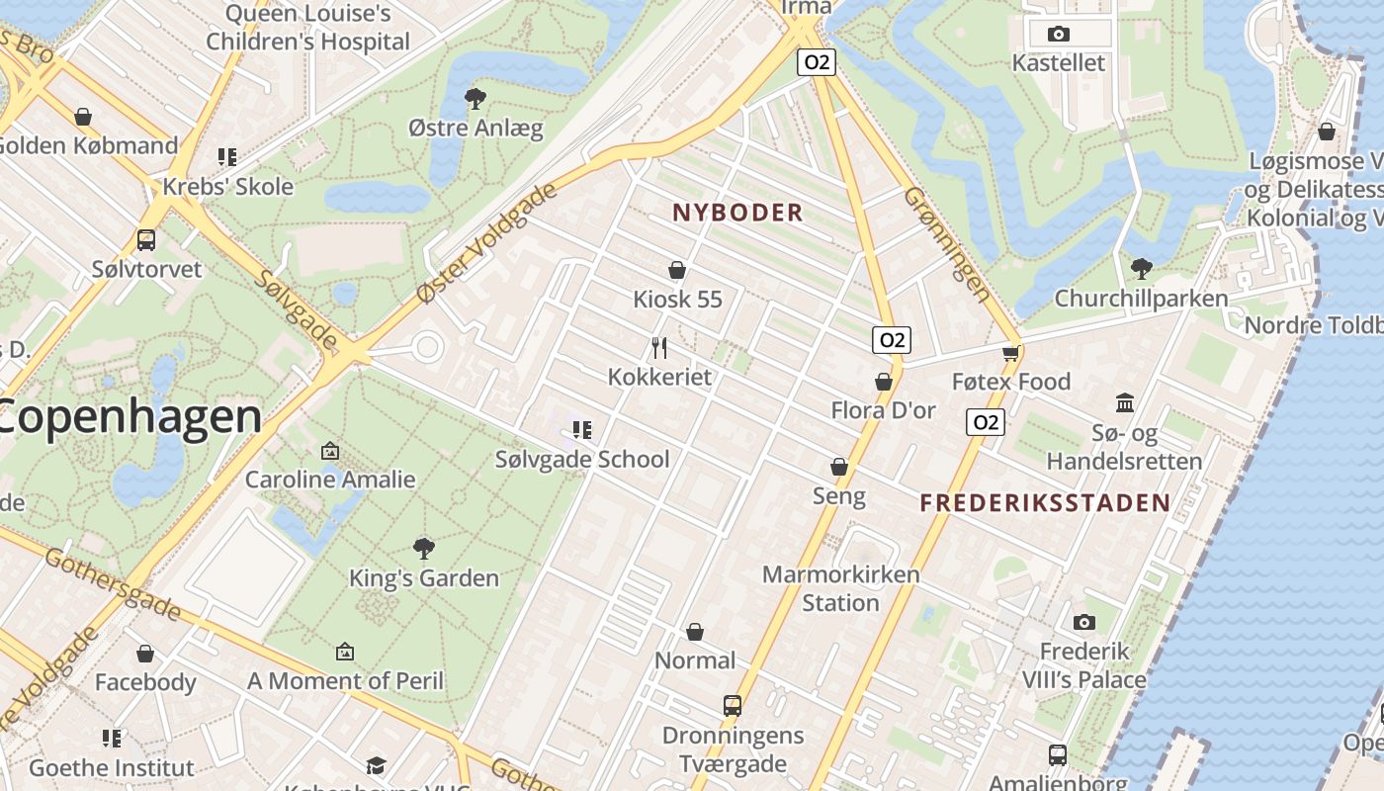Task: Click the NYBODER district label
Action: pyautogui.click(x=737, y=213)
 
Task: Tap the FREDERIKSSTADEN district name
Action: pyautogui.click(x=1045, y=502)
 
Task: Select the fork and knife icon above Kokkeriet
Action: pyautogui.click(x=659, y=348)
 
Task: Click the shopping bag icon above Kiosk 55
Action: pyautogui.click(x=677, y=270)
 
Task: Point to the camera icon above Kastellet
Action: pyautogui.click(x=1058, y=35)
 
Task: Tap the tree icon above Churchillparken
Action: pyautogui.click(x=1141, y=268)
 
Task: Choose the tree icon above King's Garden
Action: pyautogui.click(x=424, y=548)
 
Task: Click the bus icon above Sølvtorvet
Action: pyautogui.click(x=146, y=239)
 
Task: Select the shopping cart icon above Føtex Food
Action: pyautogui.click(x=1010, y=353)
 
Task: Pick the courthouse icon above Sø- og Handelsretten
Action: pyautogui.click(x=1124, y=402)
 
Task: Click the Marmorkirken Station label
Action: pyautogui.click(x=840, y=588)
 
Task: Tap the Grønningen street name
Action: pyautogui.click(x=946, y=244)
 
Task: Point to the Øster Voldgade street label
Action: pyautogui.click(x=487, y=243)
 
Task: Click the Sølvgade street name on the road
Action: pyautogui.click(x=296, y=308)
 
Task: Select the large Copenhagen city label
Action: pyautogui.click(x=129, y=416)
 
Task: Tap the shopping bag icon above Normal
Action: pyautogui.click(x=695, y=632)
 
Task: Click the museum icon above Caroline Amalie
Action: pyautogui.click(x=330, y=452)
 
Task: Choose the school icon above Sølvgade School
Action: pyautogui.click(x=582, y=430)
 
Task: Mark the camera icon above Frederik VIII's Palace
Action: pyautogui.click(x=1084, y=622)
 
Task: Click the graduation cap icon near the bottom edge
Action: pyautogui.click(x=375, y=766)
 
